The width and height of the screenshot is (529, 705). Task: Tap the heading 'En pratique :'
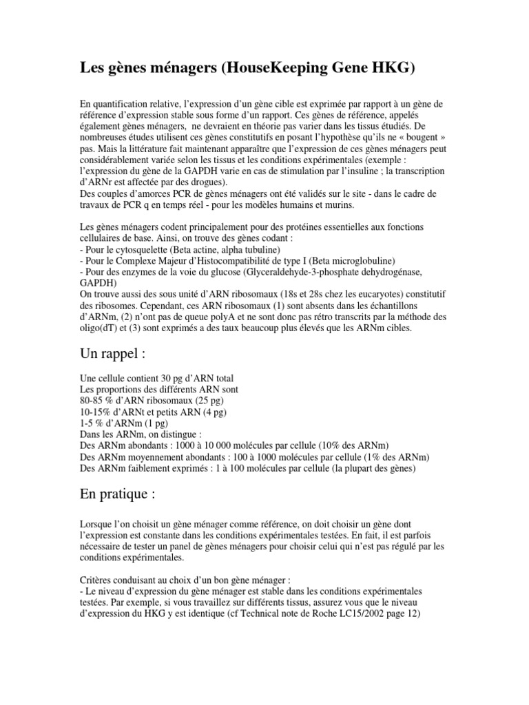[x=118, y=494]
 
